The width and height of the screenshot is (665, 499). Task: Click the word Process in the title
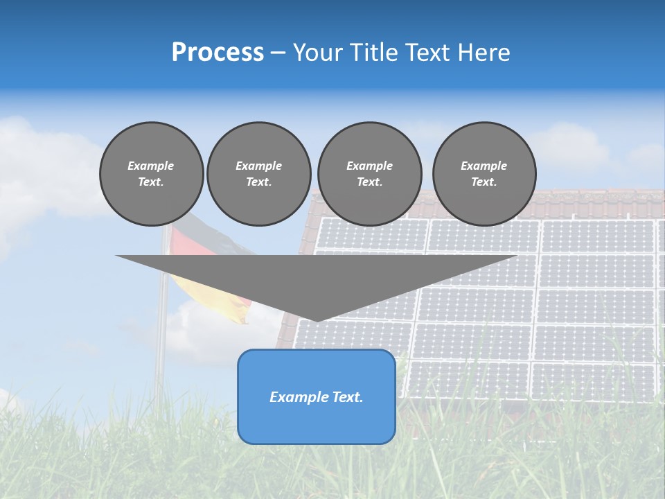[x=218, y=53]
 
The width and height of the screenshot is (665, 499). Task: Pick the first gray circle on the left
[x=152, y=174]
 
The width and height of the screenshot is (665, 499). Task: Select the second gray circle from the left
[x=259, y=174]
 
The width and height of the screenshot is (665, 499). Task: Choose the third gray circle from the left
[x=369, y=174]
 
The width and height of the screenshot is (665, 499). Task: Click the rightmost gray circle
[x=484, y=174]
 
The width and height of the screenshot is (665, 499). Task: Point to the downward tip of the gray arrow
[x=317, y=319]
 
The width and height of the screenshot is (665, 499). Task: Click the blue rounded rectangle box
[x=317, y=423]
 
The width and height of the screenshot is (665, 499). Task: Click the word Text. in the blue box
[x=346, y=397]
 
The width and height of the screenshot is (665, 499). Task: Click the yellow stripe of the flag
[x=208, y=295]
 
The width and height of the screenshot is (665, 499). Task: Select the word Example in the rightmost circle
[x=484, y=166]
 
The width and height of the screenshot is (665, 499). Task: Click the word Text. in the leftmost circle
[x=151, y=182]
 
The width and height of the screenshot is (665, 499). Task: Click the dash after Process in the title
[x=277, y=53]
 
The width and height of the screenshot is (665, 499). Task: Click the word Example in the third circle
[x=369, y=166]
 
